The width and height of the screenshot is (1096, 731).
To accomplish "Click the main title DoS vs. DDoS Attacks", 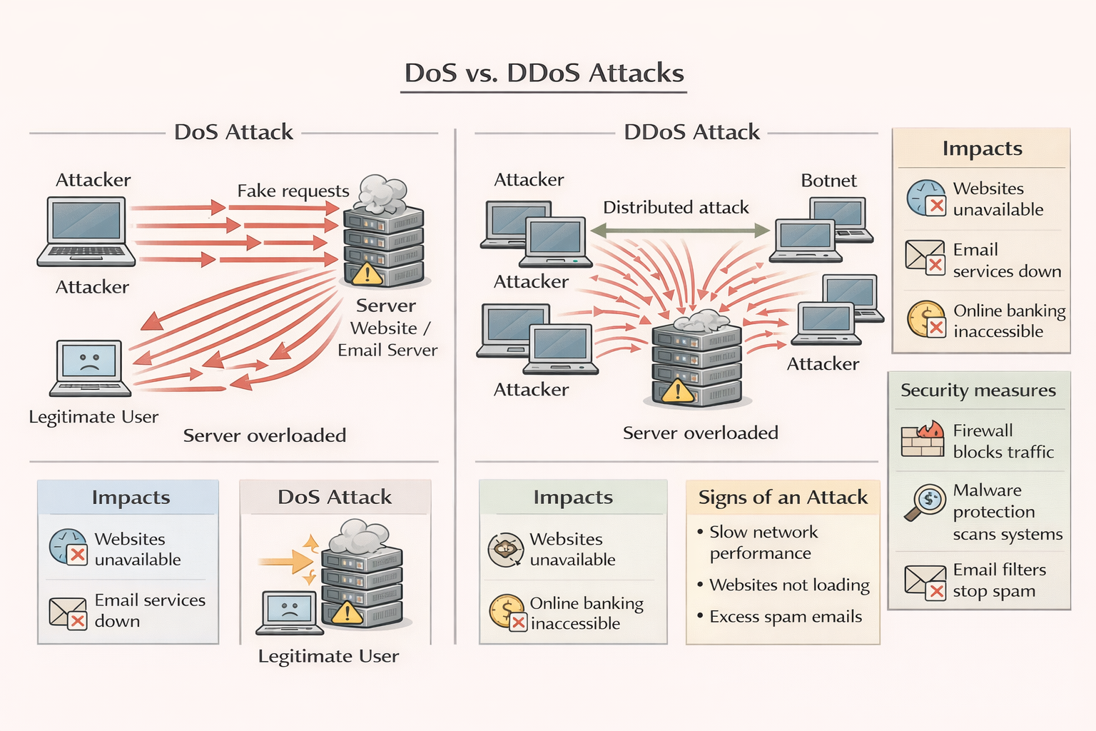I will pyautogui.click(x=544, y=74).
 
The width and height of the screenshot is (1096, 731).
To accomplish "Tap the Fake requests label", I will pyautogui.click(x=293, y=191).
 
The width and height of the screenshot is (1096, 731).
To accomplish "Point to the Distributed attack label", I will pyautogui.click(x=676, y=208).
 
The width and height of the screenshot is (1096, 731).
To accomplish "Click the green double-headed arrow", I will pyautogui.click(x=679, y=231).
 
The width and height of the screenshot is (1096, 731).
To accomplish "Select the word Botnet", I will pyautogui.click(x=828, y=181).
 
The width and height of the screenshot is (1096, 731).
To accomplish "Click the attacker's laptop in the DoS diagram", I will pyautogui.click(x=86, y=231).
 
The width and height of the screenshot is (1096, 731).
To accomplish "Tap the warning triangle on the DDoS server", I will pyautogui.click(x=677, y=390).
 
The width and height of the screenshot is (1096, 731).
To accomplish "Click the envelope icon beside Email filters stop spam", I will pyautogui.click(x=925, y=581).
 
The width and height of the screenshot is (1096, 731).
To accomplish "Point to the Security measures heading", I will pyautogui.click(x=978, y=390).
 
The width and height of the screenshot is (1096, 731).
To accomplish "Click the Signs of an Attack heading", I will pyautogui.click(x=783, y=498).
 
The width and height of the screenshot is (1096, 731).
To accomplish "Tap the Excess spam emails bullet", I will pyautogui.click(x=785, y=617).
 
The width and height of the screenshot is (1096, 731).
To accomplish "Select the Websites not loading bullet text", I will pyautogui.click(x=789, y=585).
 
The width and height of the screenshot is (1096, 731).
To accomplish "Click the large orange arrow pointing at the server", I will pyautogui.click(x=285, y=562).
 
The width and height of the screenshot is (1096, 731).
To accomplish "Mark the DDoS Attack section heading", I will pyautogui.click(x=691, y=132).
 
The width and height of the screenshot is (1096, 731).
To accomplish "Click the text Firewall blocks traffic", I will pyautogui.click(x=1003, y=441).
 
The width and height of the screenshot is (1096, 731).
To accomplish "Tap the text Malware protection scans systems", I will pyautogui.click(x=1007, y=512).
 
